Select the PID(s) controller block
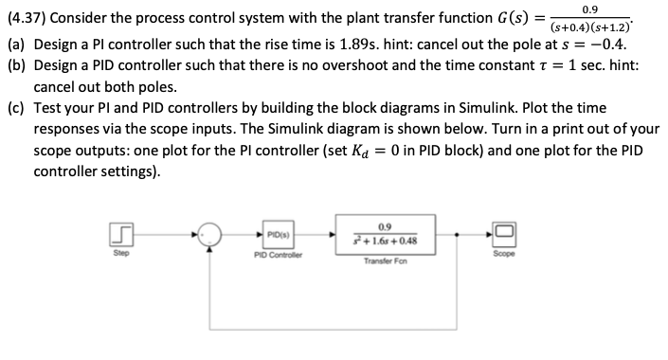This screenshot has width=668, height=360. tap(278, 233)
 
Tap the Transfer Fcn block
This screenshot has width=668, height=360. tap(384, 233)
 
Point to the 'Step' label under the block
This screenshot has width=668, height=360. tap(120, 254)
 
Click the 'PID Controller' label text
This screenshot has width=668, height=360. tap(278, 254)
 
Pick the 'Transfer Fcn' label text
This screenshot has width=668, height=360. tap(384, 261)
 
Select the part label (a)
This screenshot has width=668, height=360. tap(16, 45)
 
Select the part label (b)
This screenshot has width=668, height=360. tap(16, 68)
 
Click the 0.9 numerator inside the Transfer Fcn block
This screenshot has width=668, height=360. tap(384, 225)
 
